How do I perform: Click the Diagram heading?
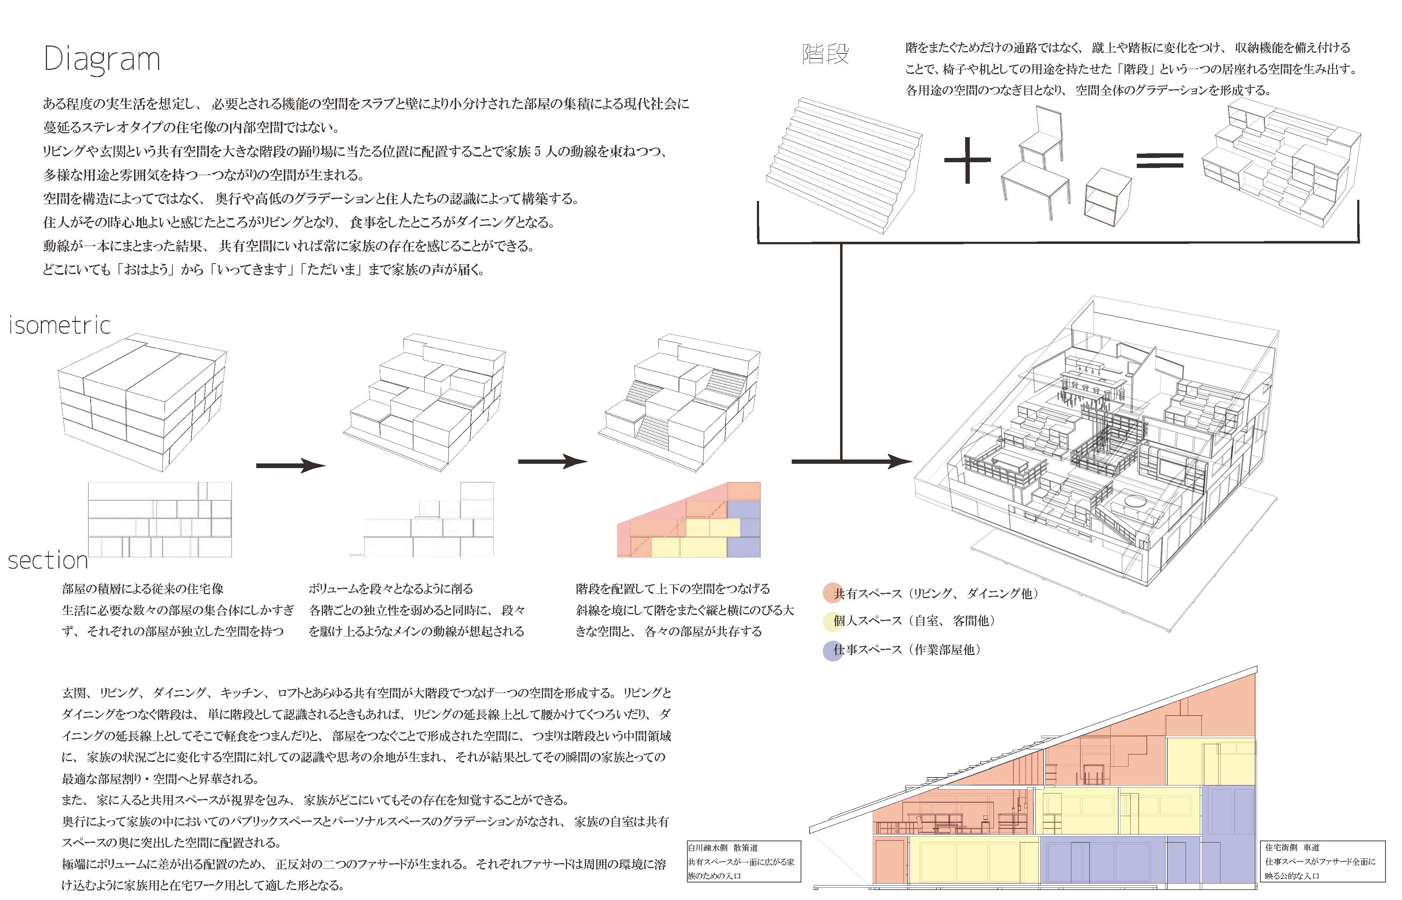click(x=102, y=59)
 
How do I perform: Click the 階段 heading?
click(x=825, y=55)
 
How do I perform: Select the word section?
click(x=48, y=560)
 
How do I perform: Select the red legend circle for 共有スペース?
click(x=832, y=593)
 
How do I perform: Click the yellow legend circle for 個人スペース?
click(x=832, y=621)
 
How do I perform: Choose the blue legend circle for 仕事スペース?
click(x=832, y=650)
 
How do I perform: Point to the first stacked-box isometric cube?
click(x=142, y=403)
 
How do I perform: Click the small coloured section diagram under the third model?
click(x=689, y=520)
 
